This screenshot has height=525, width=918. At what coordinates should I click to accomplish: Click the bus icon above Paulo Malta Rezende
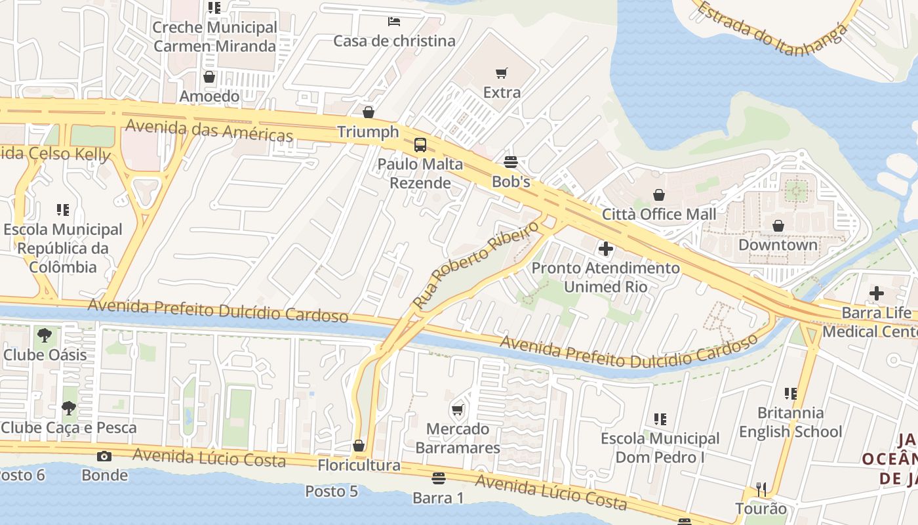pyautogui.click(x=420, y=145)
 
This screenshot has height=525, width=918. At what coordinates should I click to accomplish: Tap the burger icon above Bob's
pyautogui.click(x=511, y=162)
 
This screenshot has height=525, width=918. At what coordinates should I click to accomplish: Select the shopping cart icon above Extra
pyautogui.click(x=502, y=73)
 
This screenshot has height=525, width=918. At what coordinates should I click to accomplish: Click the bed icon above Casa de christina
pyautogui.click(x=393, y=22)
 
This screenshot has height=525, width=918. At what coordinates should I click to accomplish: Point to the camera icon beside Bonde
pyautogui.click(x=104, y=456)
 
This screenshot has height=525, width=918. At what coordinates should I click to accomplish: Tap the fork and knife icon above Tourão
pyautogui.click(x=761, y=489)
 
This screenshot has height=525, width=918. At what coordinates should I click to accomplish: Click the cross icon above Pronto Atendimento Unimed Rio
pyautogui.click(x=605, y=249)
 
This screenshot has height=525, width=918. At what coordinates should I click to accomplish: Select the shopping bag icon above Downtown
pyautogui.click(x=778, y=226)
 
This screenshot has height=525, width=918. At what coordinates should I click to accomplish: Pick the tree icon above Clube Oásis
pyautogui.click(x=45, y=335)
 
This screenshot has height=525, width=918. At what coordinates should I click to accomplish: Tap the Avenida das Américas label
pyautogui.click(x=209, y=130)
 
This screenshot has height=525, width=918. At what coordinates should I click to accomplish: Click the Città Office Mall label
pyautogui.click(x=659, y=214)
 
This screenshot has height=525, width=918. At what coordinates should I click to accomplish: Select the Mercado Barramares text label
pyautogui.click(x=458, y=438)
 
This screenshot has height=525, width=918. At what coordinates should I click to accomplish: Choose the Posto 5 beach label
pyautogui.click(x=331, y=491)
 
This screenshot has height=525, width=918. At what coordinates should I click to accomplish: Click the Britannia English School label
pyautogui.click(x=790, y=422)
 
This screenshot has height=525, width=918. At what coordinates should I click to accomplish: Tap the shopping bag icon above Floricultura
pyautogui.click(x=359, y=446)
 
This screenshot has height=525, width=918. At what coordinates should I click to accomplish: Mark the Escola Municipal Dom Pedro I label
pyautogui.click(x=660, y=448)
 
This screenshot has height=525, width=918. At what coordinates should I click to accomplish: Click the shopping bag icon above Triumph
pyautogui.click(x=369, y=112)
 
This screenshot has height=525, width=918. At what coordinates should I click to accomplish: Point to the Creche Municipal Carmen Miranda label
pyautogui.click(x=214, y=37)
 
